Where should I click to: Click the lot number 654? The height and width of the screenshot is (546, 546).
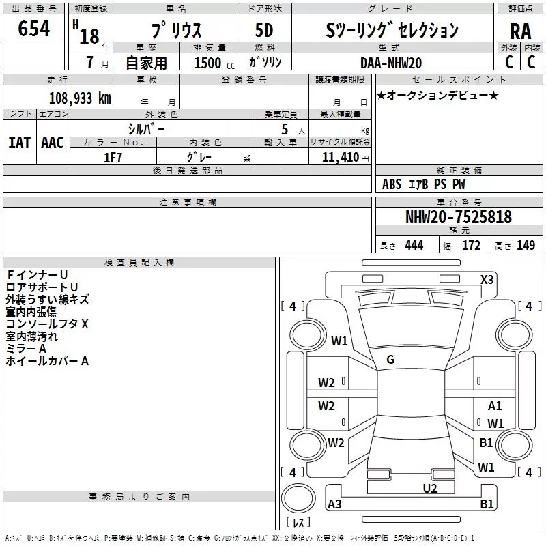click(33, 28)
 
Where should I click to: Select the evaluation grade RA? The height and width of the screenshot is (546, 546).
click(520, 31)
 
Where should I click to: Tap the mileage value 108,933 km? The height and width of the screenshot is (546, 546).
click(80, 98)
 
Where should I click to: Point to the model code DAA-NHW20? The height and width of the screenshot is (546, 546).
click(391, 63)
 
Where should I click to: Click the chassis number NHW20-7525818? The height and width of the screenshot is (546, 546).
click(459, 216)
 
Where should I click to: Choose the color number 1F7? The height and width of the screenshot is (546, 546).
click(113, 158)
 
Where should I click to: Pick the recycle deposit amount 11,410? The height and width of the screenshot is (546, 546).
click(340, 157)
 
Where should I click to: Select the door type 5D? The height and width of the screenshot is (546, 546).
click(264, 31)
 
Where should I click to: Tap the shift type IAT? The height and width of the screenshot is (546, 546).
click(20, 143)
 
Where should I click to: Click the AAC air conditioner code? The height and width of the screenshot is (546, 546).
click(53, 143)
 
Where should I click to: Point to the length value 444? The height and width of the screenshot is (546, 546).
click(414, 245)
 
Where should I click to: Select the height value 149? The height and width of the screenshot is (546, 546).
click(526, 245)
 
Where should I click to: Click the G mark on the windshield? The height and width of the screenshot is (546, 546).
click(390, 360)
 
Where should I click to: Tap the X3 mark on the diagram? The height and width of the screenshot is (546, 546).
click(487, 280)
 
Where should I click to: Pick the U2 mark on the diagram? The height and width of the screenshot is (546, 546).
click(430, 488)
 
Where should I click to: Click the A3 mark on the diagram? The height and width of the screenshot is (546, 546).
click(334, 504)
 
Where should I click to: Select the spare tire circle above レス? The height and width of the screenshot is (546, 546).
click(298, 498)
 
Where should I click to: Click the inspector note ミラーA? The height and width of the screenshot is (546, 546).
click(26, 349)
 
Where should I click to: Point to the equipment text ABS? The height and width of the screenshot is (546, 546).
click(392, 184)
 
